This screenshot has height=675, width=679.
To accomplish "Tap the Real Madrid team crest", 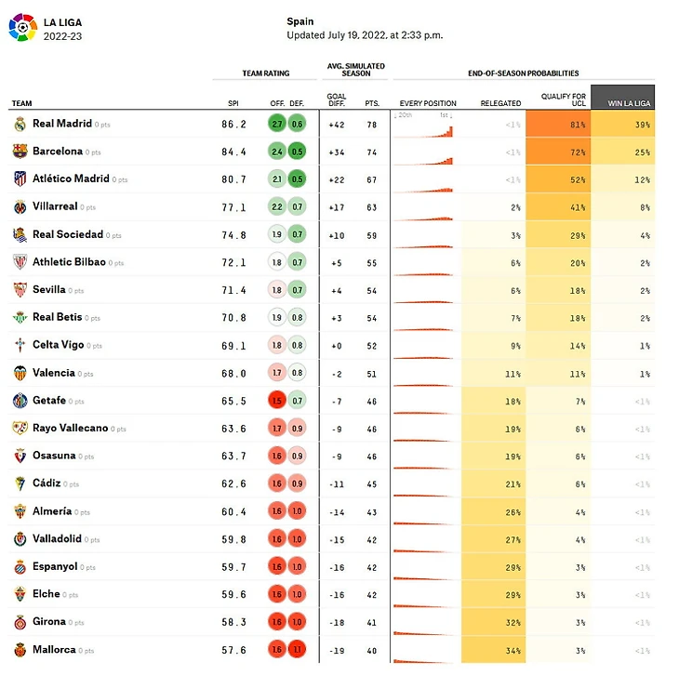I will click(20, 124).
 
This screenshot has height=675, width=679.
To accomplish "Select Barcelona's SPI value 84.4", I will click(233, 152).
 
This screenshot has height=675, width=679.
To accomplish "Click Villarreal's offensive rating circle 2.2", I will click(276, 206).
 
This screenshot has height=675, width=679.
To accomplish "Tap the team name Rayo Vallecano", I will click(70, 428).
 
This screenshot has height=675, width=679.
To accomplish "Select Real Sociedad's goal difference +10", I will click(336, 234).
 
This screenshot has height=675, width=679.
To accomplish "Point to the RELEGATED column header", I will click(500, 103).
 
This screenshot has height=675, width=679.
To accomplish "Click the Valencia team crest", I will click(20, 373).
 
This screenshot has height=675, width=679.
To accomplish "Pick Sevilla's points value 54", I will click(373, 290).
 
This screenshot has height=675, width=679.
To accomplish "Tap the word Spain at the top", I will click(300, 21).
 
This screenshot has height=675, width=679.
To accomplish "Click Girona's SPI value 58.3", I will click(233, 622).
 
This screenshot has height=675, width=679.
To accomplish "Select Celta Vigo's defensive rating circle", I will click(297, 345).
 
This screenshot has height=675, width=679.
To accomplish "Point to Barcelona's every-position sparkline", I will click(423, 152).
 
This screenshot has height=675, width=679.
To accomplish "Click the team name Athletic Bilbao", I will click(69, 262).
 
